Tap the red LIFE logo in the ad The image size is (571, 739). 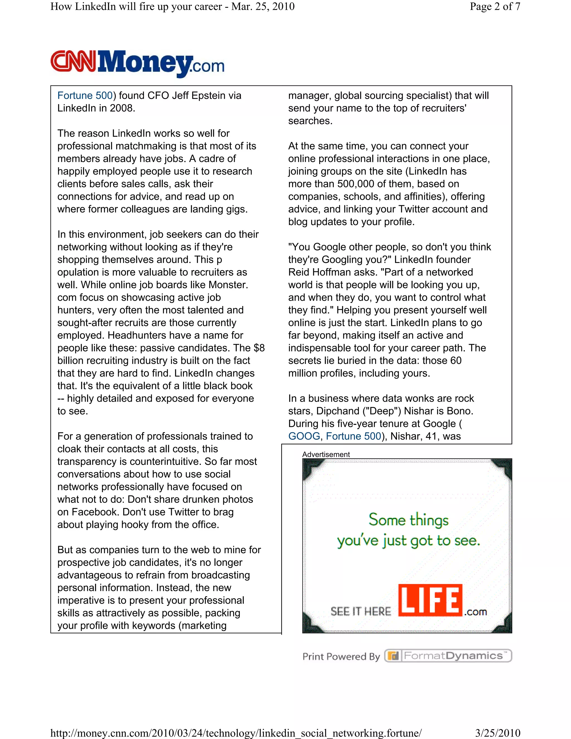(430, 600)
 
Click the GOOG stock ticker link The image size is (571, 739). (304, 436)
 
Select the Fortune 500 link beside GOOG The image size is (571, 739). (354, 436)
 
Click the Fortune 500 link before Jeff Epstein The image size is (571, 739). (84, 95)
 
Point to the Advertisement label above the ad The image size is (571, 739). (326, 455)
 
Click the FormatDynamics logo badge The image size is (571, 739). (448, 656)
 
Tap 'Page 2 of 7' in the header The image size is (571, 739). (495, 6)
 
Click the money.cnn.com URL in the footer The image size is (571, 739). (236, 733)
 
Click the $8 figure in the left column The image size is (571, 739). (259, 348)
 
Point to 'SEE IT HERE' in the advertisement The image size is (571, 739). (360, 612)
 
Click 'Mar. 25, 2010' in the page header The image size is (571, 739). (263, 6)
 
